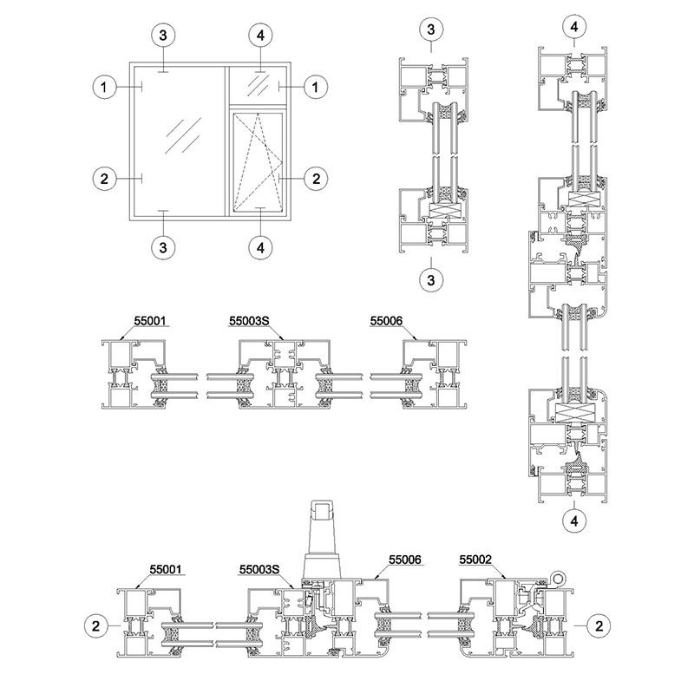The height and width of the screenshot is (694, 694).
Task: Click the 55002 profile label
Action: click(x=475, y=560)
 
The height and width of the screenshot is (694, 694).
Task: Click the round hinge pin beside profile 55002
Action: click(x=558, y=579)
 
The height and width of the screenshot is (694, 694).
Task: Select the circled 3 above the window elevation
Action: click(x=163, y=35)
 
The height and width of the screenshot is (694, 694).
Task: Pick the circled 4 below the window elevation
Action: click(x=261, y=247)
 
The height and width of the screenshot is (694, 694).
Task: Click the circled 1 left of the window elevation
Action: click(x=104, y=87)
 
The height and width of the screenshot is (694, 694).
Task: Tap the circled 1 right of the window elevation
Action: click(x=316, y=87)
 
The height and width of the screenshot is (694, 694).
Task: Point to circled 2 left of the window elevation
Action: click(x=104, y=179)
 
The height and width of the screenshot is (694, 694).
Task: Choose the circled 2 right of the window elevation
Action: click(x=316, y=179)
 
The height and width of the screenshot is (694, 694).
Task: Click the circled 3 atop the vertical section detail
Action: click(x=431, y=29)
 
